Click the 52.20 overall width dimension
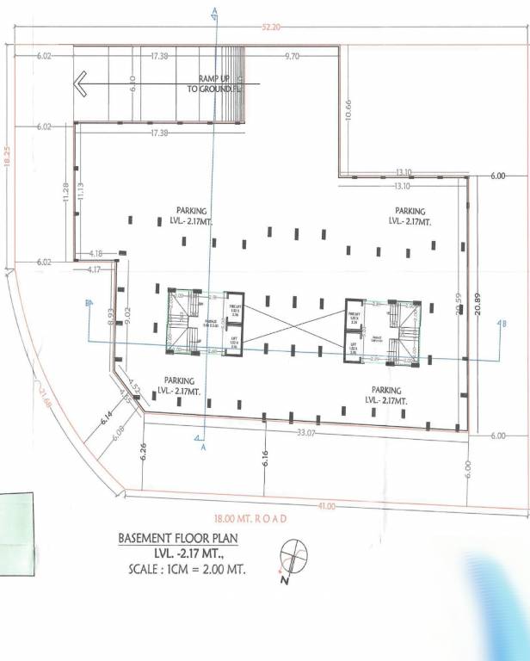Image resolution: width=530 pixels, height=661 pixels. [272, 27]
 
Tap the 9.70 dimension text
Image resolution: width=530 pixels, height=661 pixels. [291, 56]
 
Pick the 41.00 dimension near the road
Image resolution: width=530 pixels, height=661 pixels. [325, 506]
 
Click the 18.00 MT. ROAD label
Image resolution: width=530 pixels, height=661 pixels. [250, 518]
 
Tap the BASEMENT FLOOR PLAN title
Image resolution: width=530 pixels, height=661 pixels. [176, 539]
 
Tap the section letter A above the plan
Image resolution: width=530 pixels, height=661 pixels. [214, 10]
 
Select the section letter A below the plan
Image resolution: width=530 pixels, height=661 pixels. [203, 448]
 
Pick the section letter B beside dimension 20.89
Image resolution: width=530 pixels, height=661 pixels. [503, 323]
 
